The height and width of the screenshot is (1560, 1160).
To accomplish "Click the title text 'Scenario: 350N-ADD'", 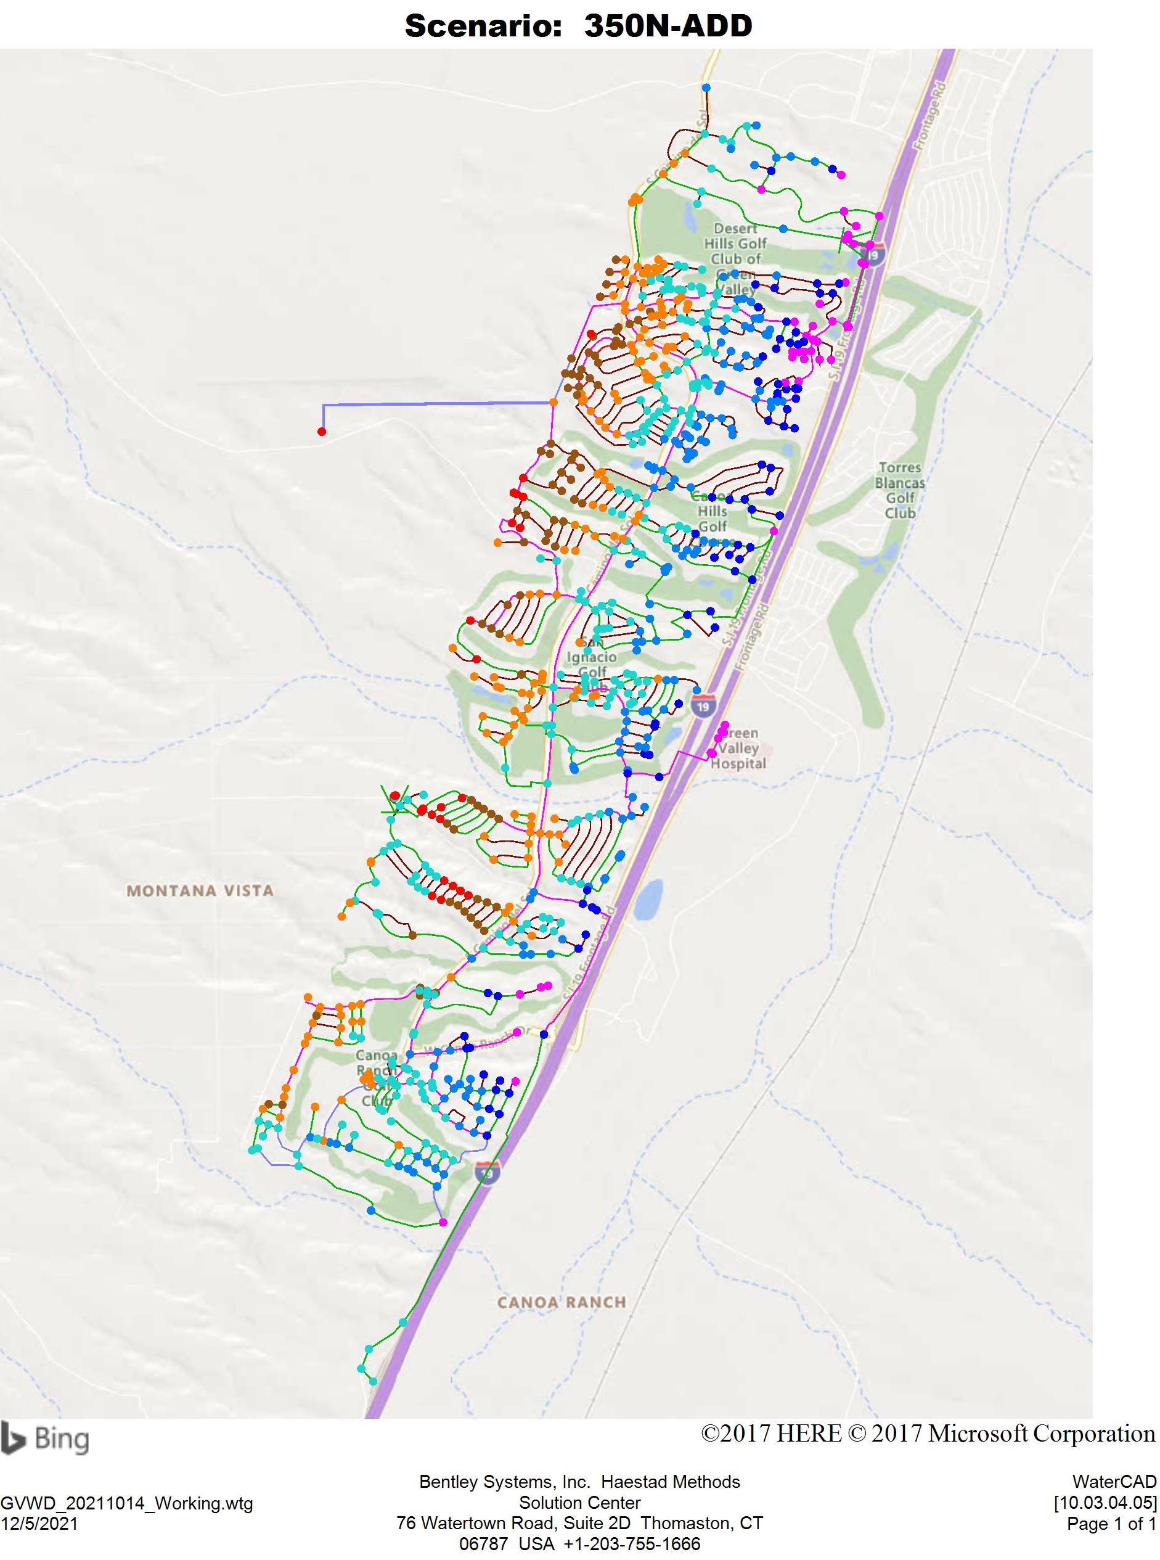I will pos(579,27).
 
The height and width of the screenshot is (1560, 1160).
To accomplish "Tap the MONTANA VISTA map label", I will pos(200,890).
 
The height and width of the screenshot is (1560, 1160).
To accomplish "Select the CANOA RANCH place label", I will pos(561,1302).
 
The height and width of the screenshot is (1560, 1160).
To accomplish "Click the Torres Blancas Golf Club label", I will pos(899,490).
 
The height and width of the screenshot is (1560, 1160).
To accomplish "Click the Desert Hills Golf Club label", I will pos(735,251).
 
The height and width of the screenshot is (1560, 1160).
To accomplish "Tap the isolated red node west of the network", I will pos(322,431).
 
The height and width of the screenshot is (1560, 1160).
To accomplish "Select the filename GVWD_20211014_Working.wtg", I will pos(126,1504).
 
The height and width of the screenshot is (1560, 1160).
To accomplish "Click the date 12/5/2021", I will pos(39,1524).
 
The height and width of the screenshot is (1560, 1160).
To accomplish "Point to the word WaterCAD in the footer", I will pos(1114,1481).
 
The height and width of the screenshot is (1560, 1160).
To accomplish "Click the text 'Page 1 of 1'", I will pos(1111,1524).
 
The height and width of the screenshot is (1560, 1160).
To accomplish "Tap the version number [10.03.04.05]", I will pos(1105,1503).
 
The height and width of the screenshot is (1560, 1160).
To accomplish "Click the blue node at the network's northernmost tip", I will pos(706,87).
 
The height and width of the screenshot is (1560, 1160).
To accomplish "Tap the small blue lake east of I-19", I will pos(647,900).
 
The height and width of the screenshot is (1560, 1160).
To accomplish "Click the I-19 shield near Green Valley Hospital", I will pos(703,706).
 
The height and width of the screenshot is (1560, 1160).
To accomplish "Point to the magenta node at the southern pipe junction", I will pos(443,1223).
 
